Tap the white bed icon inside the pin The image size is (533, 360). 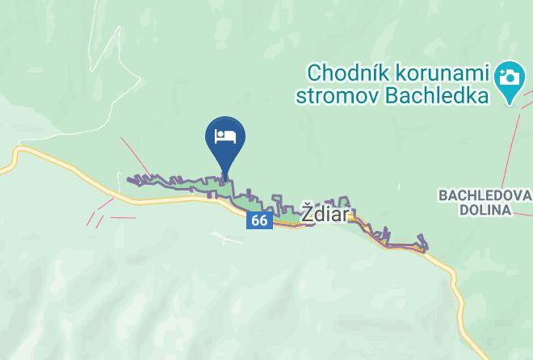pyautogui.click(x=225, y=136)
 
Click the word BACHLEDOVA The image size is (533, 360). pyautogui.click(x=485, y=196)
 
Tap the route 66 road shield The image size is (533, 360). pyautogui.click(x=258, y=220)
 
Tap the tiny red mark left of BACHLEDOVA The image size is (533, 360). pyautogui.click(x=399, y=186)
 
